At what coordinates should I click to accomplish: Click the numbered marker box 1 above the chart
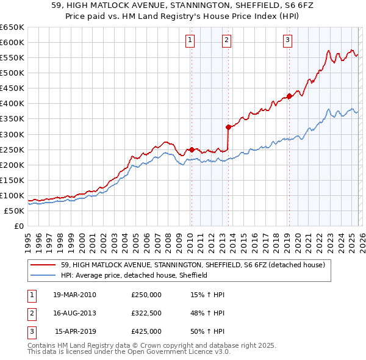[190, 41]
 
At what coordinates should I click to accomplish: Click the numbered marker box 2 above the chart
[226, 41]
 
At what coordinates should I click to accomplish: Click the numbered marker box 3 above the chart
[287, 41]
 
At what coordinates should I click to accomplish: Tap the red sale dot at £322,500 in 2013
[228, 127]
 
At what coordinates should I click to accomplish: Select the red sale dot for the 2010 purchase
[192, 149]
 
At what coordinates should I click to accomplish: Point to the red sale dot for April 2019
[289, 95]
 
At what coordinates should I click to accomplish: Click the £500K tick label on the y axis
[12, 73]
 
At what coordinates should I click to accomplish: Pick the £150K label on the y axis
[12, 180]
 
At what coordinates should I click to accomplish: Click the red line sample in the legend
[43, 265]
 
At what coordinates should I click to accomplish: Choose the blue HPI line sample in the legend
[43, 275]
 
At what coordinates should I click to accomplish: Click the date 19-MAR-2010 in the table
[74, 295]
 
